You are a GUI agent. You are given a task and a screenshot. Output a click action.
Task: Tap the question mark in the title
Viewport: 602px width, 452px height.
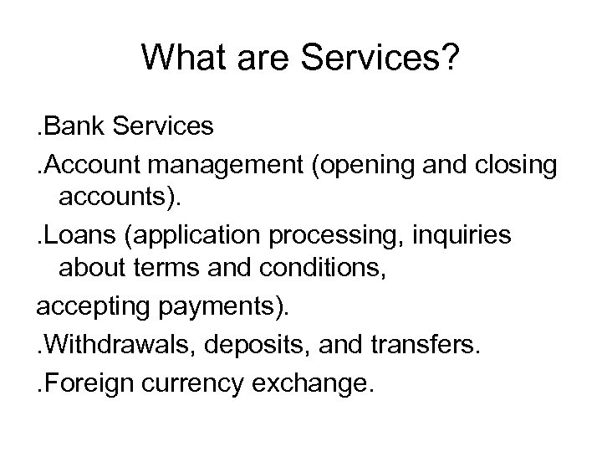coord(449,57)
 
